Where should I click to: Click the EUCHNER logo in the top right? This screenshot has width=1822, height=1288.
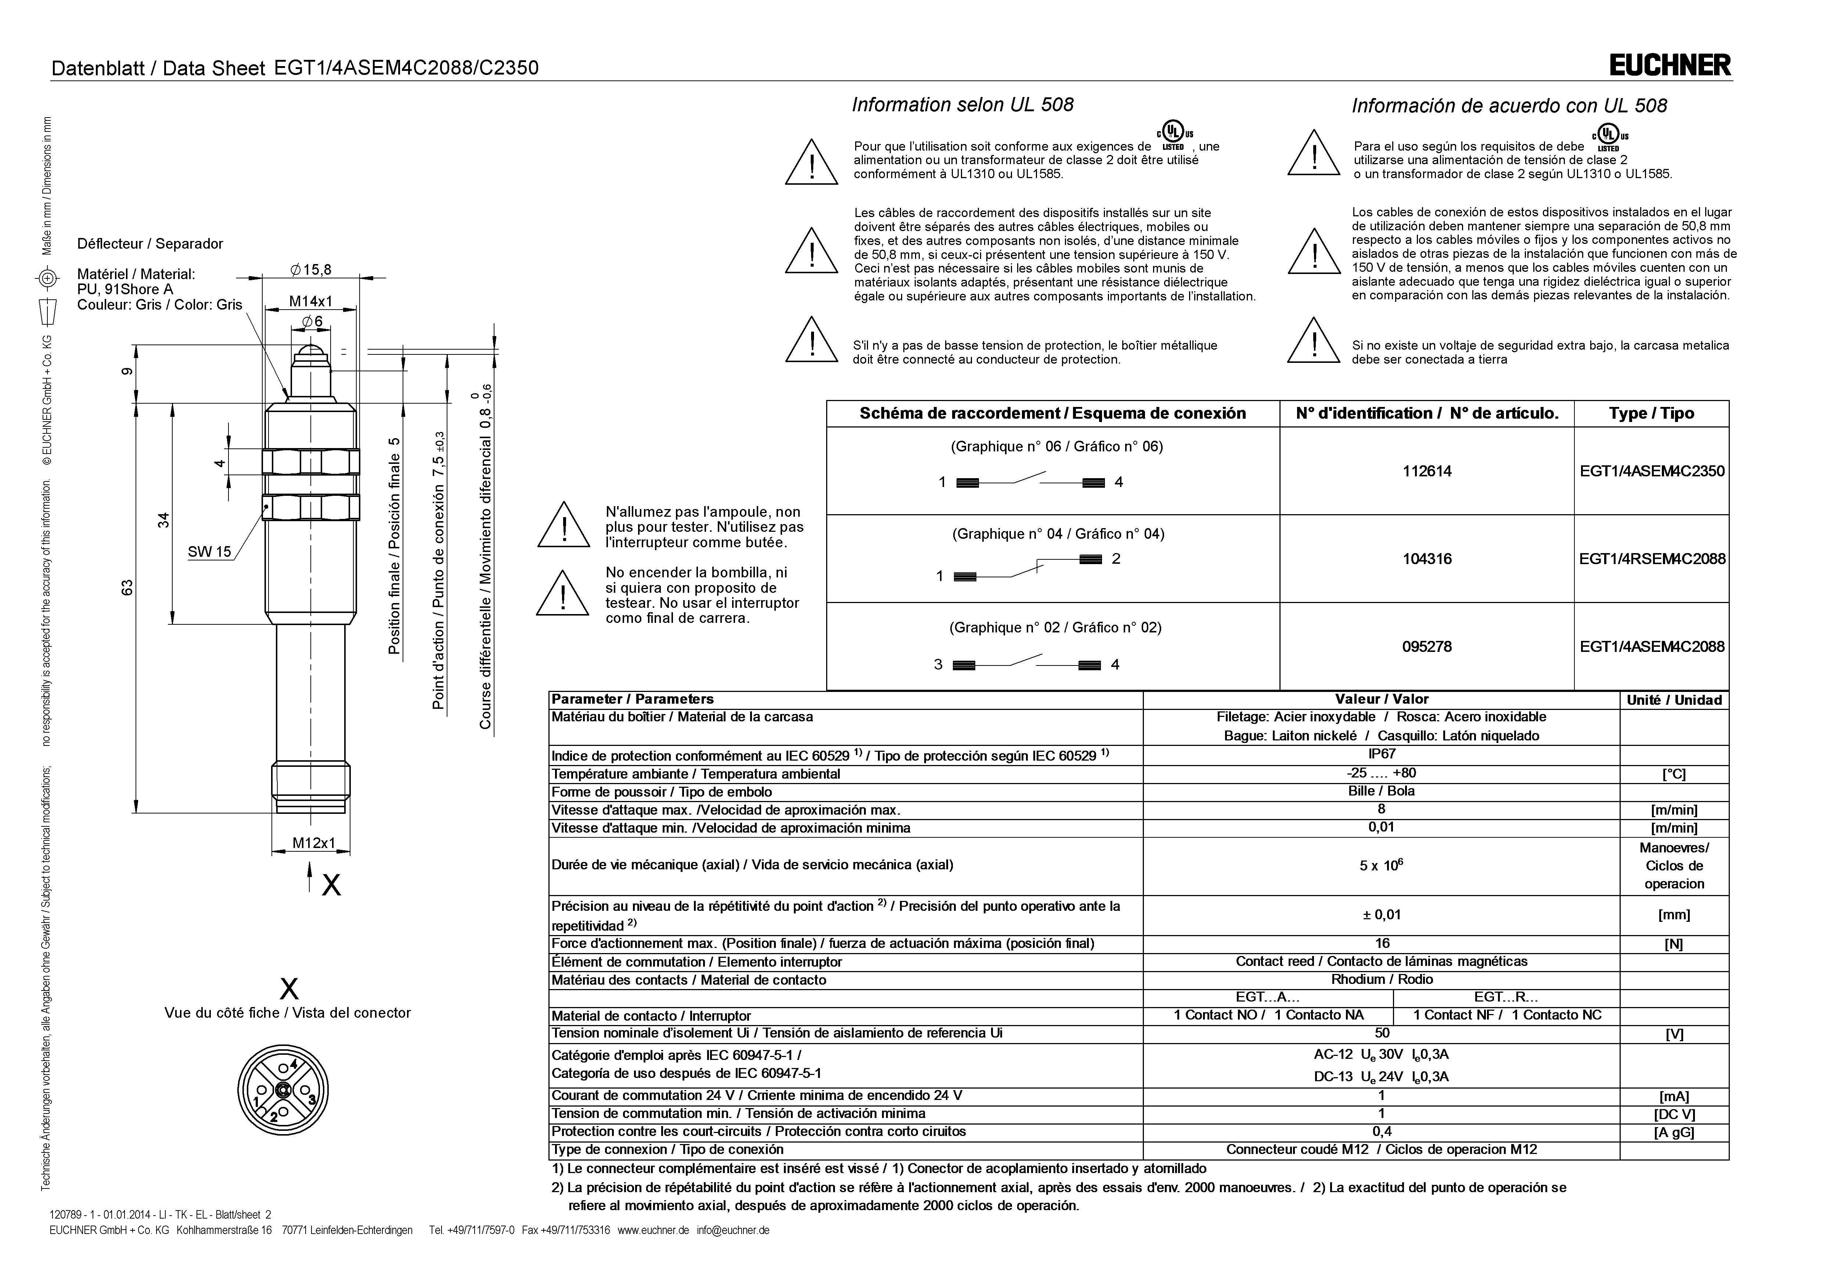tap(1670, 65)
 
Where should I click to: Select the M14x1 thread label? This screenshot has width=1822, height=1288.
tap(310, 302)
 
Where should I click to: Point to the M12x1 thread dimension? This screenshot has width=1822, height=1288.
tap(313, 843)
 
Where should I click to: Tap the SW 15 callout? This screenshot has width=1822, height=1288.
tap(209, 552)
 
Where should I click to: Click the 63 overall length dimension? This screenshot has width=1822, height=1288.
tap(127, 587)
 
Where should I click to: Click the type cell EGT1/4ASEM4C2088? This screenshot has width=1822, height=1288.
tap(1652, 647)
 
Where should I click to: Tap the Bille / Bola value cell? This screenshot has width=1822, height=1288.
tap(1382, 791)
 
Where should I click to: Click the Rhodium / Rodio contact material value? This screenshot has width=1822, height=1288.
tap(1382, 979)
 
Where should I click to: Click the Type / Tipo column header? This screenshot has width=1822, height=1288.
tap(1652, 414)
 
